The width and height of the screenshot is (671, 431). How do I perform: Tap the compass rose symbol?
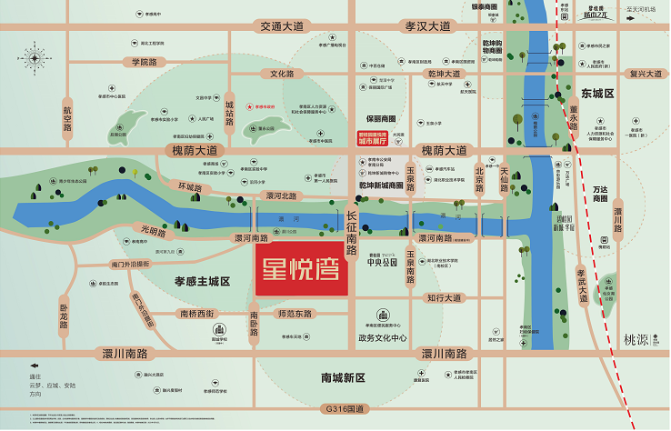coord(35,59)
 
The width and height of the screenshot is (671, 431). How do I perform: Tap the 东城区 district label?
coord(597,94)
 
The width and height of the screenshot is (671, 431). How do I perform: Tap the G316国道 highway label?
coord(339,410)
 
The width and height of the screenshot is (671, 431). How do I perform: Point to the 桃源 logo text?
coord(639,336)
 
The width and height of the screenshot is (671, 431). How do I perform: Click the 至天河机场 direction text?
coord(646,9)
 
